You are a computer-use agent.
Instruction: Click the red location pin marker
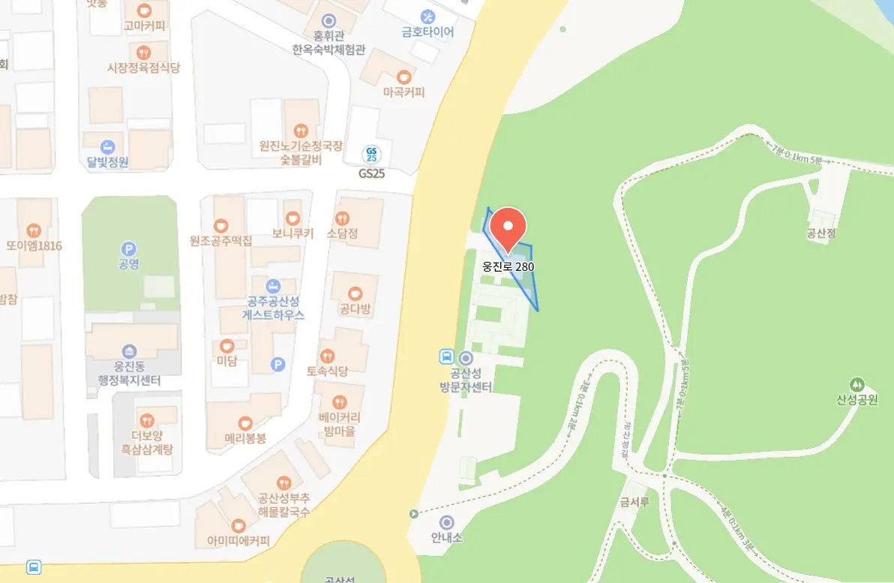click(x=508, y=227)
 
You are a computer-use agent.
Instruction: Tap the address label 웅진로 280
click(x=508, y=266)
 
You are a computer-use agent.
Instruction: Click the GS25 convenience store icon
click(x=371, y=155)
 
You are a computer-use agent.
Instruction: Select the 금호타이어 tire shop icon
click(x=427, y=16)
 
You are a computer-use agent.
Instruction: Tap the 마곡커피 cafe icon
click(x=403, y=77)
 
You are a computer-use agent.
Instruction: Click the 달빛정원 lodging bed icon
click(x=108, y=146)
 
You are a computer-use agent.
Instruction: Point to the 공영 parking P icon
click(x=129, y=248)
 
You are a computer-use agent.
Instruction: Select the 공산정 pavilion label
click(x=821, y=233)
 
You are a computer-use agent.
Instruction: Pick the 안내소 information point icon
click(x=447, y=522)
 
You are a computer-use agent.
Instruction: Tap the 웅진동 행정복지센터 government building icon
click(x=129, y=352)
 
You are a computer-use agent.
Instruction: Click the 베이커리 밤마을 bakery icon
click(x=339, y=401)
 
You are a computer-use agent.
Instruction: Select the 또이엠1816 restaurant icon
click(x=34, y=230)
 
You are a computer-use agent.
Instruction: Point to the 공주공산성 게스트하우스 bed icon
click(x=273, y=286)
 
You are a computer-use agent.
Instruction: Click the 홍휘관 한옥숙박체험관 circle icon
click(x=328, y=20)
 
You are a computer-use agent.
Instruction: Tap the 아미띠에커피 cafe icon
click(x=238, y=525)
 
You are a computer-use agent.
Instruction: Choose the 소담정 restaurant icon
click(x=343, y=218)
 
